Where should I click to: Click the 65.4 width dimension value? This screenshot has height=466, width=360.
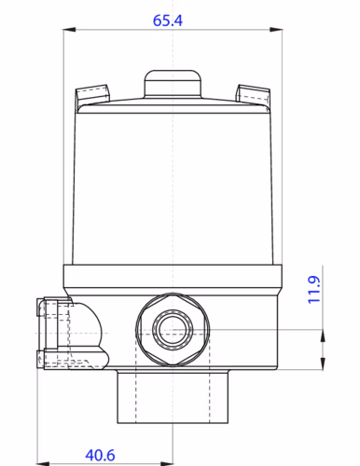pyautogui.click(x=173, y=18)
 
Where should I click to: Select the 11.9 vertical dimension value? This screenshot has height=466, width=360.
pyautogui.click(x=314, y=290)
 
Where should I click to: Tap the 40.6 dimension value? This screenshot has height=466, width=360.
pyautogui.click(x=100, y=454)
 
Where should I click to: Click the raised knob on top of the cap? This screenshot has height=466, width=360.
pyautogui.click(x=173, y=82)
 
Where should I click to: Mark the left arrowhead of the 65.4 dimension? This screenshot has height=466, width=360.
pyautogui.click(x=67, y=31)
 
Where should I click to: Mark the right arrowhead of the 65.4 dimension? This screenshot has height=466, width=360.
pyautogui.click(x=278, y=31)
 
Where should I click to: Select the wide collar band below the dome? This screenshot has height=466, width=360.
pyautogui.click(x=173, y=277)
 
